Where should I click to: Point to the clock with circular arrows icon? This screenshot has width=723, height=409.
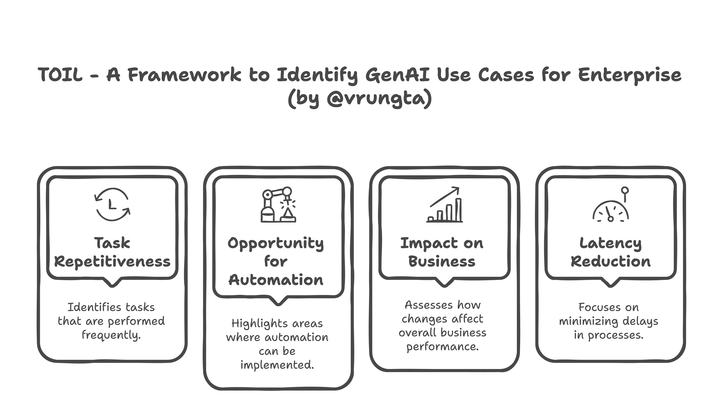[112, 204]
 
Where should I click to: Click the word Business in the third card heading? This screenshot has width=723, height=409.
[442, 262]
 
